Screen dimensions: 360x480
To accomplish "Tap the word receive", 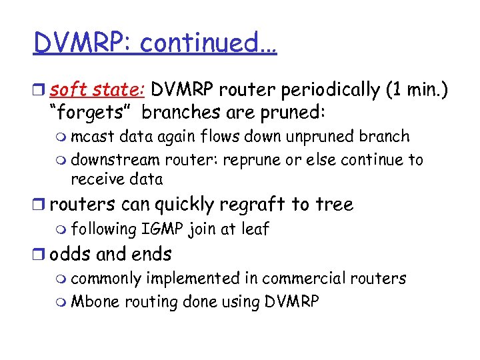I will pyautogui.click(x=97, y=179).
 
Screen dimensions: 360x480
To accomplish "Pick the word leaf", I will pyautogui.click(x=254, y=229).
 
